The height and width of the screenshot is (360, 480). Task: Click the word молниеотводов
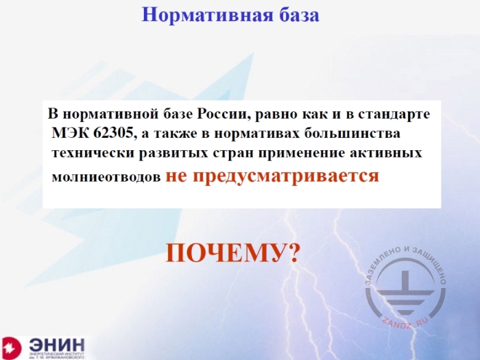107,176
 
